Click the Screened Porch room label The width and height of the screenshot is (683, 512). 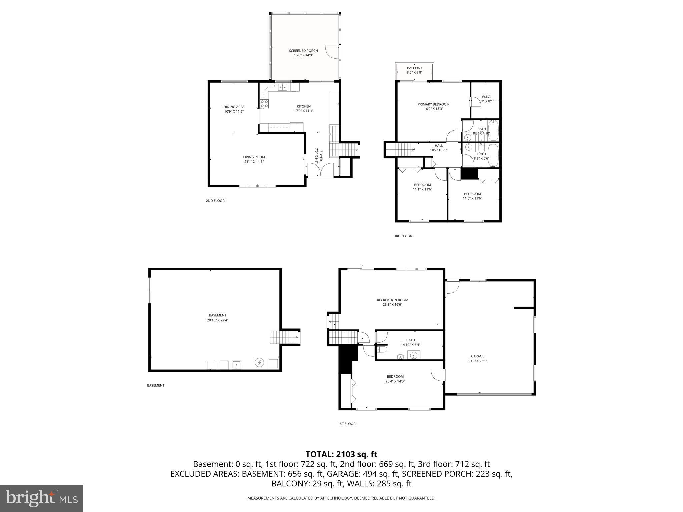click(x=303, y=51)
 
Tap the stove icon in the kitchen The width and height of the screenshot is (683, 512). click(x=264, y=104)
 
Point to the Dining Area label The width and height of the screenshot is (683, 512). click(x=234, y=107)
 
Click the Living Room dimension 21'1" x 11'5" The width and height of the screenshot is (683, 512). click(x=254, y=162)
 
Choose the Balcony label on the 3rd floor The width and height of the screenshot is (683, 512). click(x=414, y=68)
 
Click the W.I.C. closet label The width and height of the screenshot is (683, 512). click(x=486, y=97)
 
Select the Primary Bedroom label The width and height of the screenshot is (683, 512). click(x=433, y=104)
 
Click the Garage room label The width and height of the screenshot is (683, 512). click(x=477, y=356)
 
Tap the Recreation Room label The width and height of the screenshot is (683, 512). click(x=392, y=300)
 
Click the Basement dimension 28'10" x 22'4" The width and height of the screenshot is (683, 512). click(x=217, y=320)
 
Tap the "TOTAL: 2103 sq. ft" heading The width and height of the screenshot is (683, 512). click(x=341, y=454)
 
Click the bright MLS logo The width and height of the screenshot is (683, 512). click(x=42, y=498)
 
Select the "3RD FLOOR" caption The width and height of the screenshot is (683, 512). click(x=403, y=236)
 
